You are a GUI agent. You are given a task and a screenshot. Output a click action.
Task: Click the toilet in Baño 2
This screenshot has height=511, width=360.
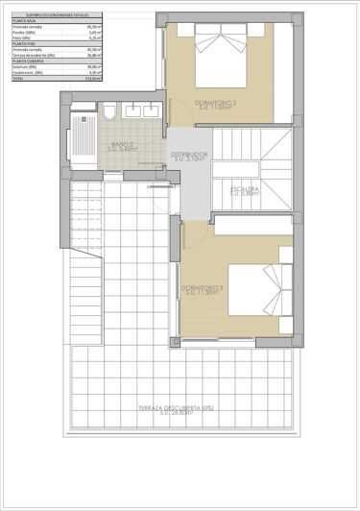click(111, 111)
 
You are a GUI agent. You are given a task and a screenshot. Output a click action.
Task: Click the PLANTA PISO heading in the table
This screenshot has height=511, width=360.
click(25, 42)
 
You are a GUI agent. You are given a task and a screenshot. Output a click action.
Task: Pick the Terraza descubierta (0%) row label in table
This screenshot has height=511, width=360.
click(36, 55)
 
